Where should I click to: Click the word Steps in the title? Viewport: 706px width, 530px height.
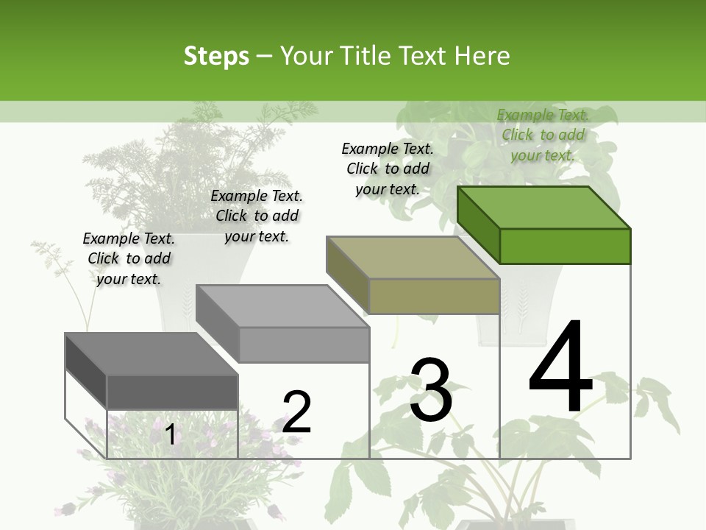point(215,56)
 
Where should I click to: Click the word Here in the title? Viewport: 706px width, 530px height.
point(482,56)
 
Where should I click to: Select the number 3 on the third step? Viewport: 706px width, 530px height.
point(430,390)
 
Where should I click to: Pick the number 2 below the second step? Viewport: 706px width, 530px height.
point(296,412)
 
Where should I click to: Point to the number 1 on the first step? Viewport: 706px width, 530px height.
point(170,435)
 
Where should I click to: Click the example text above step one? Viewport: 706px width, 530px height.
point(129,258)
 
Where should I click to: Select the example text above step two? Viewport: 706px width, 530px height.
point(257,216)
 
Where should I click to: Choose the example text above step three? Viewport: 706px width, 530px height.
point(388,169)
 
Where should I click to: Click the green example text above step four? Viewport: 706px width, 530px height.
point(543,135)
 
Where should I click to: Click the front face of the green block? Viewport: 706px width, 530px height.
point(565,246)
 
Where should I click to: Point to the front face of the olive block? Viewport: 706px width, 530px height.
point(434,296)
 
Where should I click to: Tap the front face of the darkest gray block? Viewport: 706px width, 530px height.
point(172,392)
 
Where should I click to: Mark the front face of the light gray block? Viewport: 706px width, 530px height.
point(304,344)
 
